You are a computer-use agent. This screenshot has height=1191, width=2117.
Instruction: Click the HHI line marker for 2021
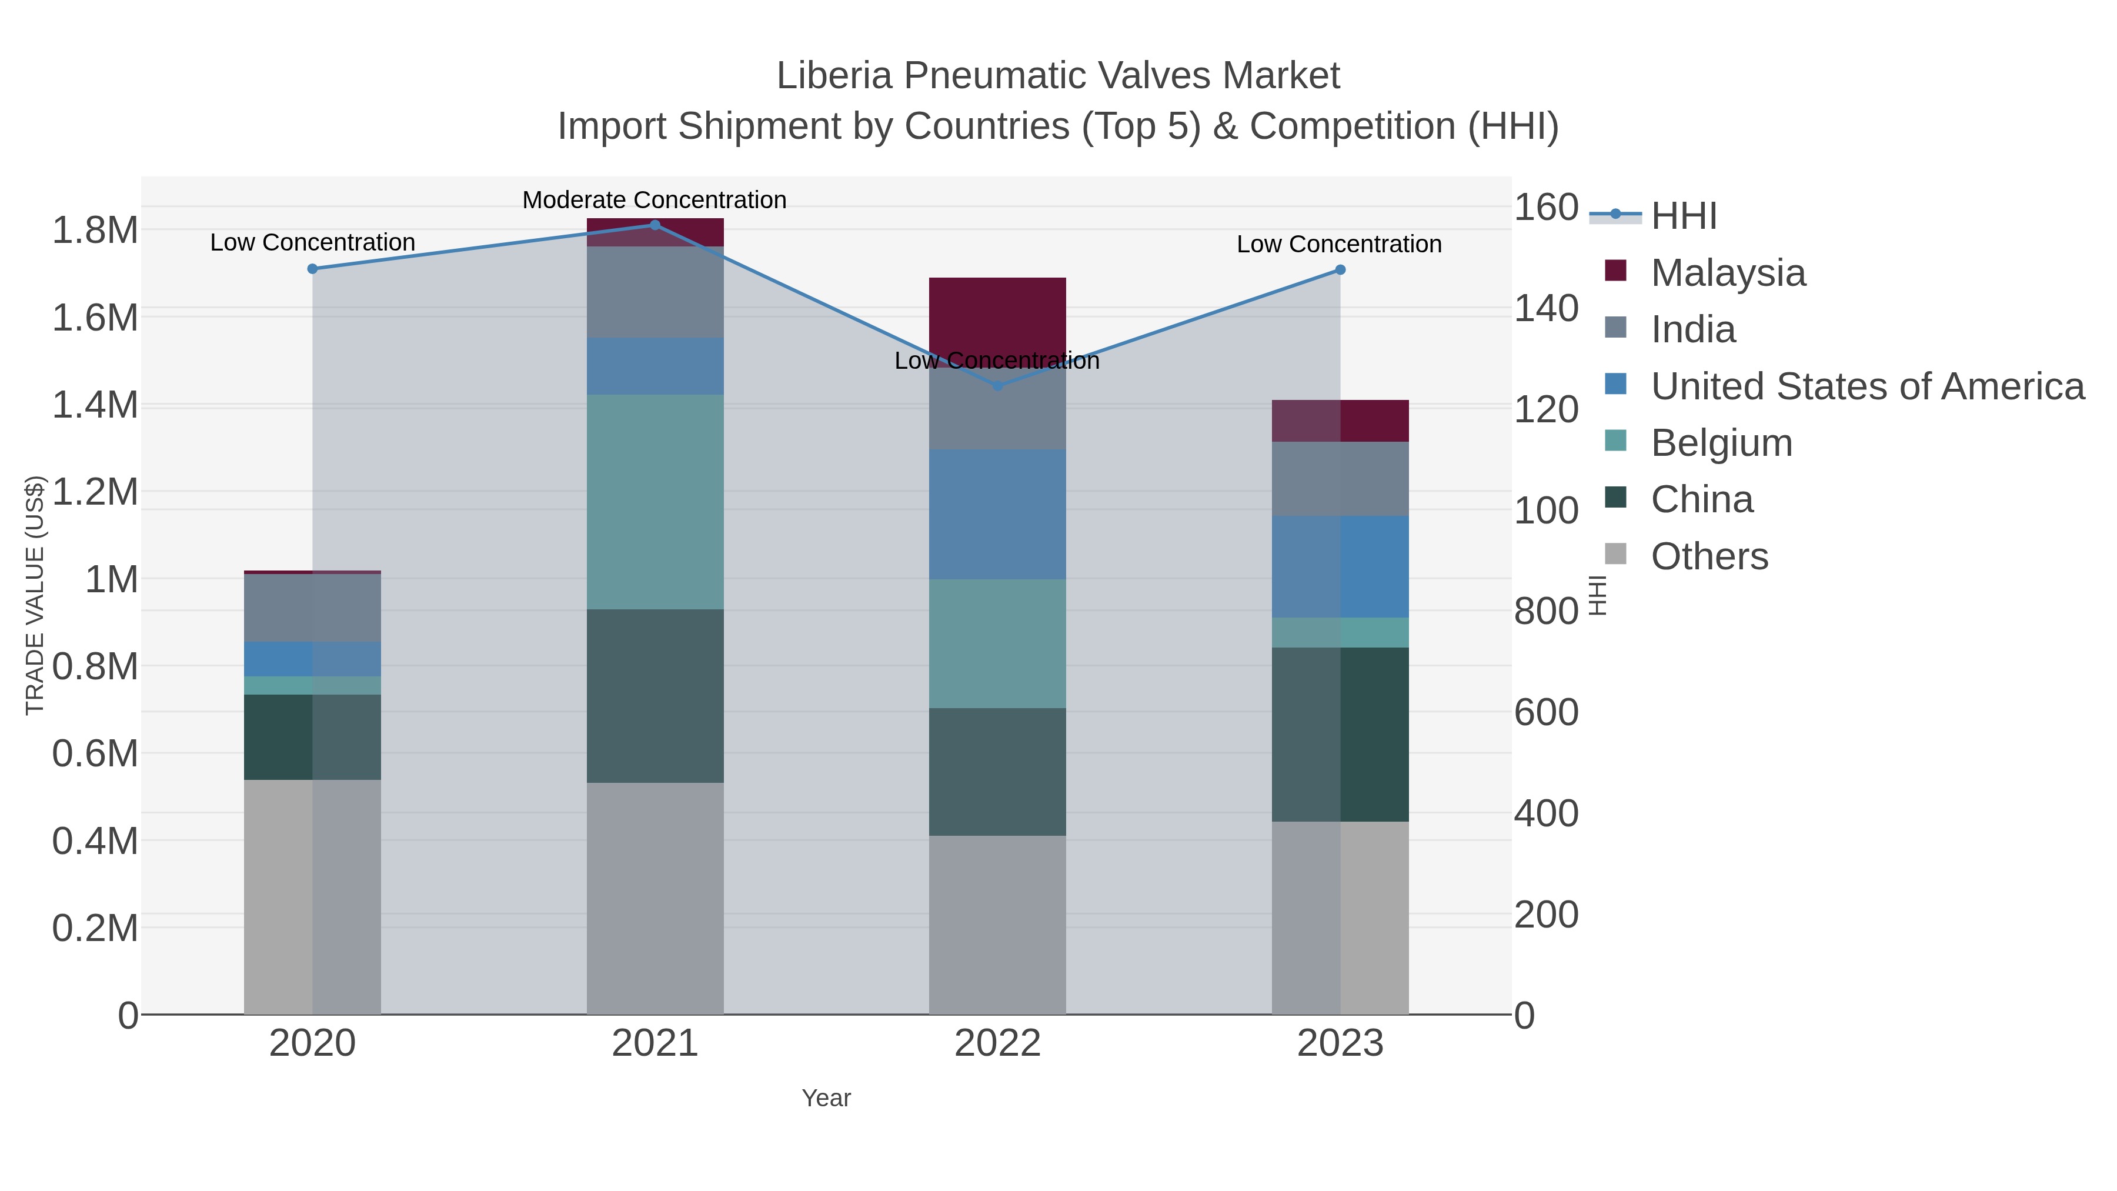click(x=655, y=225)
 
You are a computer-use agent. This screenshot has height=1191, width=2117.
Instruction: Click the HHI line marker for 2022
click(x=998, y=385)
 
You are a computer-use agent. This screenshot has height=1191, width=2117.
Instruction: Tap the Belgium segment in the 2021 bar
click(x=655, y=501)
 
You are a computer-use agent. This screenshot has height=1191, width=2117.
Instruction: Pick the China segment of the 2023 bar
click(x=1340, y=734)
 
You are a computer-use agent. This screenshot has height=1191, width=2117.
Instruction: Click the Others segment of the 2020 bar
click(x=312, y=896)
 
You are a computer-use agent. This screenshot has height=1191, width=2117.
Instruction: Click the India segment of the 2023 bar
click(x=1340, y=478)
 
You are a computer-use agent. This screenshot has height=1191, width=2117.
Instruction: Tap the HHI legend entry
click(x=1683, y=215)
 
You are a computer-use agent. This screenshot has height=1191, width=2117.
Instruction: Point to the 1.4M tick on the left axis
click(x=95, y=405)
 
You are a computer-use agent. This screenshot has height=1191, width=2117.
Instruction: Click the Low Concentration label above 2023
click(x=1339, y=244)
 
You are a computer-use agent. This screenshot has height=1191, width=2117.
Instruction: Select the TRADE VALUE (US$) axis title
click(x=35, y=595)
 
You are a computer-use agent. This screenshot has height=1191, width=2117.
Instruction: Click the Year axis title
click(x=826, y=1098)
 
